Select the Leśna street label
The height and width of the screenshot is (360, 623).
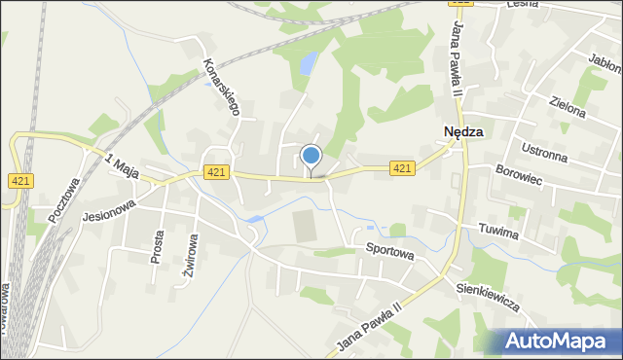coord(523,5)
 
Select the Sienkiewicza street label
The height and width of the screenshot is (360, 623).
coord(488,298)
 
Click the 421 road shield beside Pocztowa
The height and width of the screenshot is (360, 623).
coord(22,181)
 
